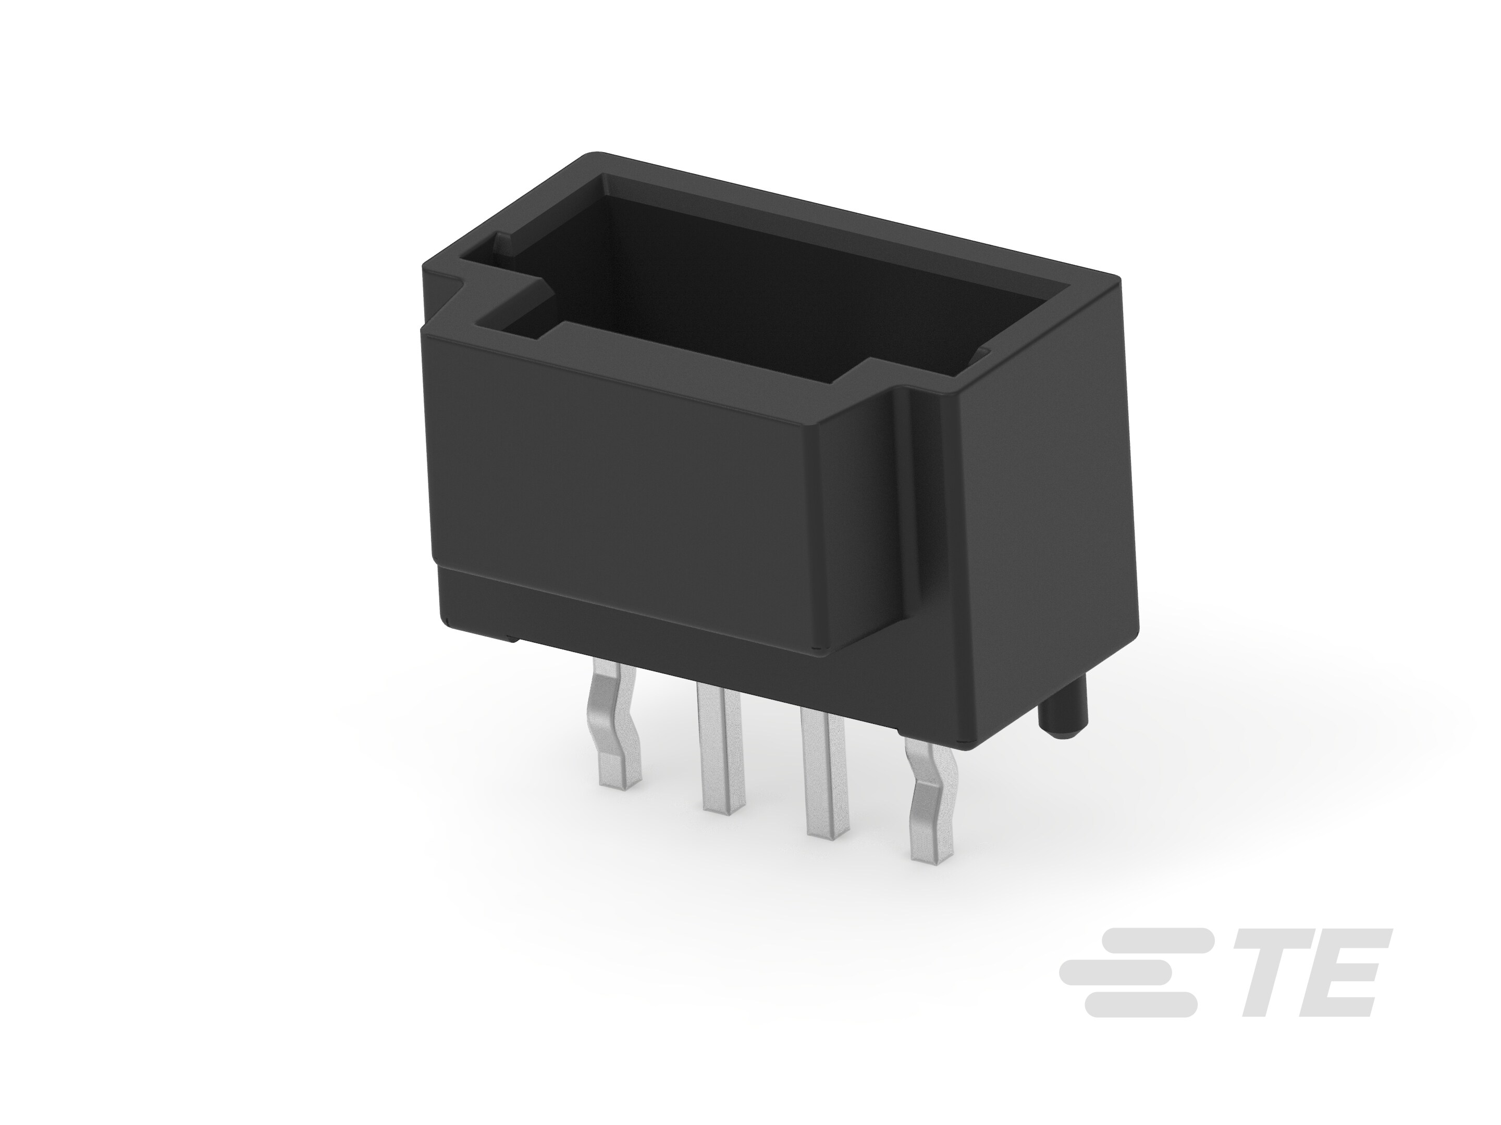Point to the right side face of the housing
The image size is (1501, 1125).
[1045, 516]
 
